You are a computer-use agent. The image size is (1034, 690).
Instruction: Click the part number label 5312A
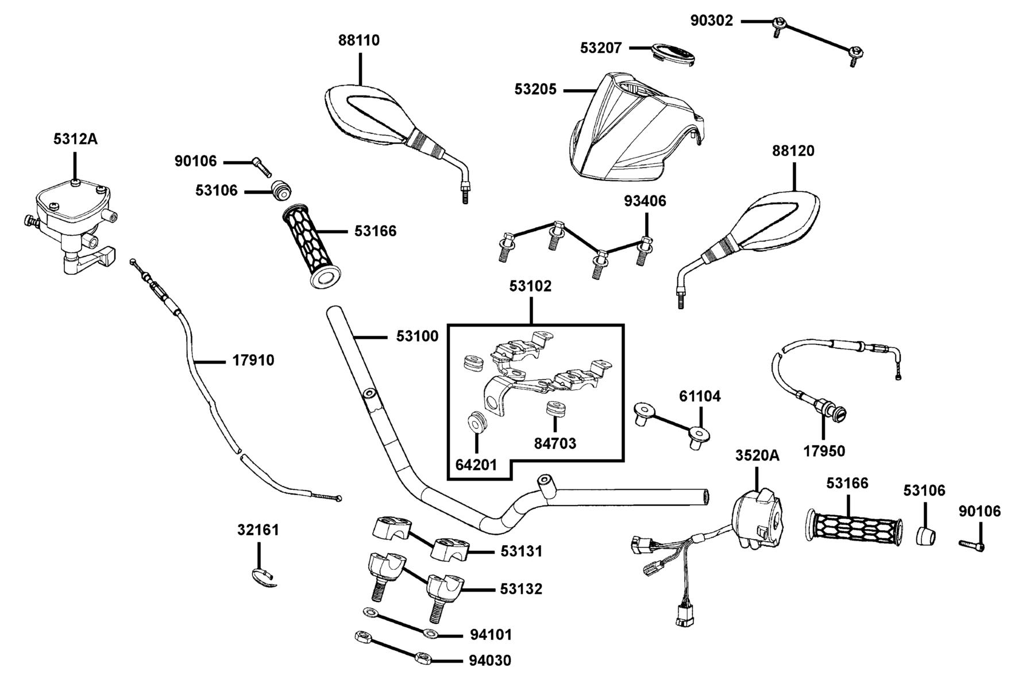[75, 139]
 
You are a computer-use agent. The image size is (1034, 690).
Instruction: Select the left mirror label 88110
[359, 40]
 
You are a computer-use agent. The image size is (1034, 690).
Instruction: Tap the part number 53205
[535, 90]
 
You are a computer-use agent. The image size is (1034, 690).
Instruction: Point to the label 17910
[253, 361]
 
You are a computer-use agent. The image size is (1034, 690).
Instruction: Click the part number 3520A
[757, 455]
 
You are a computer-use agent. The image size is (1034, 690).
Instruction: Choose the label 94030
[490, 661]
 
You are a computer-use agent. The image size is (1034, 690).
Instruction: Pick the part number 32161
[258, 530]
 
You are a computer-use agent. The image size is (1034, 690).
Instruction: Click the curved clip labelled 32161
[265, 577]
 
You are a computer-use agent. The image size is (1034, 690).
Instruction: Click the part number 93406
[645, 201]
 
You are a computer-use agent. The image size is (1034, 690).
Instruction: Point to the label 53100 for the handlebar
[417, 336]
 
